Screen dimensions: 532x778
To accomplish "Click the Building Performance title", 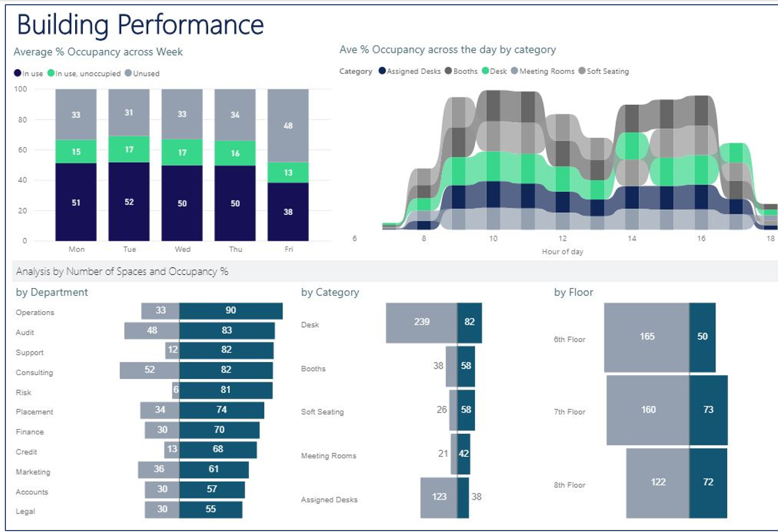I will [x=140, y=24].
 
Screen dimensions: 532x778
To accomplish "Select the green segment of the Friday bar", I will [x=288, y=173].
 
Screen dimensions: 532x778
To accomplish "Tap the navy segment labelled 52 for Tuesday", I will [x=129, y=202].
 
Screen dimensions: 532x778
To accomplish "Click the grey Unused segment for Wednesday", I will [x=182, y=114].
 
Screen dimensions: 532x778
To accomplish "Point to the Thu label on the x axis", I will [x=235, y=250].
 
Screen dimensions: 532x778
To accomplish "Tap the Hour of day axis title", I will [x=562, y=252].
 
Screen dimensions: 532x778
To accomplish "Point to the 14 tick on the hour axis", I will [x=632, y=239].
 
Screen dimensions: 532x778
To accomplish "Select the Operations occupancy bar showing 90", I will [x=231, y=311].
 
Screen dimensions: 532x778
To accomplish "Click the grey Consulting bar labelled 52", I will [x=150, y=370].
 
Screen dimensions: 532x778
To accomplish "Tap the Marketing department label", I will [x=33, y=472].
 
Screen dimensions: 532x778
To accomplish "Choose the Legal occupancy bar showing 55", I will [x=211, y=510].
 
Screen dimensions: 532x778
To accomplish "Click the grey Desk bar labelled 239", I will [x=421, y=322].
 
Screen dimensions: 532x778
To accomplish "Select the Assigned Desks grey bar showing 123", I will [x=439, y=497].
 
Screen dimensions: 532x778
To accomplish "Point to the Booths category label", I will [x=313, y=369].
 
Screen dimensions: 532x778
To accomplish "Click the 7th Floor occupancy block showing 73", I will [x=708, y=410].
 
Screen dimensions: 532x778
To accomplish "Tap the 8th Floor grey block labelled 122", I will [x=657, y=483].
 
